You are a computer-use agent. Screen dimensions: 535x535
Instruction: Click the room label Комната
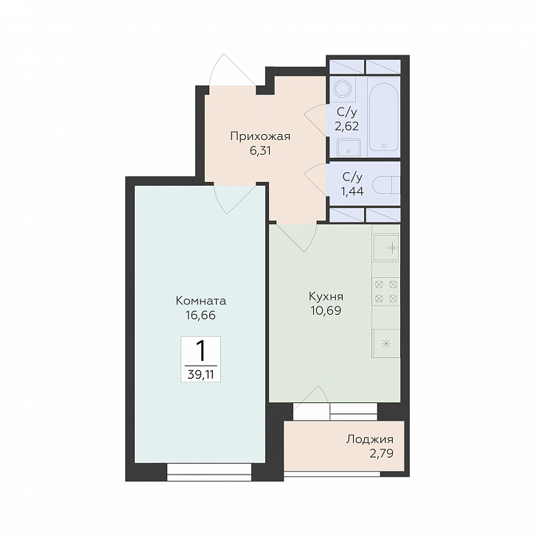(201, 301)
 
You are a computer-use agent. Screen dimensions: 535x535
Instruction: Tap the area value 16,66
(200, 315)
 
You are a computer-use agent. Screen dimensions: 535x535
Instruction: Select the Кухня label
(326, 296)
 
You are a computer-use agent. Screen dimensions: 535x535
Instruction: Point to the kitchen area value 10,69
(326, 311)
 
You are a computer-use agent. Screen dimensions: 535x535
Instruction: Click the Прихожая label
(260, 136)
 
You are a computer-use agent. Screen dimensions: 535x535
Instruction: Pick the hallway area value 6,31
(260, 151)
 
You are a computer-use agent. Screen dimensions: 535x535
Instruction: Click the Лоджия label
(370, 439)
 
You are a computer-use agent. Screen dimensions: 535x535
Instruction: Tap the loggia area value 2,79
(382, 453)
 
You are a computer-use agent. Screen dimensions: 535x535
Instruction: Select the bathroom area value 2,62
(346, 127)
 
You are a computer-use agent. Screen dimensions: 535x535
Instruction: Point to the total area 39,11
(200, 374)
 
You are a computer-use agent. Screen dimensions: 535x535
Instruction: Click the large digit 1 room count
(201, 351)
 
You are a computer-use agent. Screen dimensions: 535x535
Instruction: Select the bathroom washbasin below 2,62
(349, 147)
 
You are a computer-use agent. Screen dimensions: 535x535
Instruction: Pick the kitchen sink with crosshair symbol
(386, 248)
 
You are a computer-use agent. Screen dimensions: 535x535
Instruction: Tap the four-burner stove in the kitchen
(386, 291)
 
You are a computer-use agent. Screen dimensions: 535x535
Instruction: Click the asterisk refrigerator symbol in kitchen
(386, 343)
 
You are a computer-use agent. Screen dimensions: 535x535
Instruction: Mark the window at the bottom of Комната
(209, 472)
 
